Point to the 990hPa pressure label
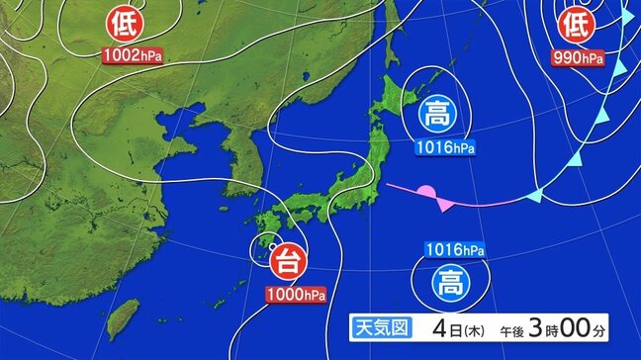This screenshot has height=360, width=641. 579,58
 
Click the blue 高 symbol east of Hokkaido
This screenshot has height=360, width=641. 437,113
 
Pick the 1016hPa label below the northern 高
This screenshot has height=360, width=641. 441,148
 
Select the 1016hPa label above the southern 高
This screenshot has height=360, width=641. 454,250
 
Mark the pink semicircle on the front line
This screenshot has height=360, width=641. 426,190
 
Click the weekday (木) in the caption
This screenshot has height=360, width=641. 473,328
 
